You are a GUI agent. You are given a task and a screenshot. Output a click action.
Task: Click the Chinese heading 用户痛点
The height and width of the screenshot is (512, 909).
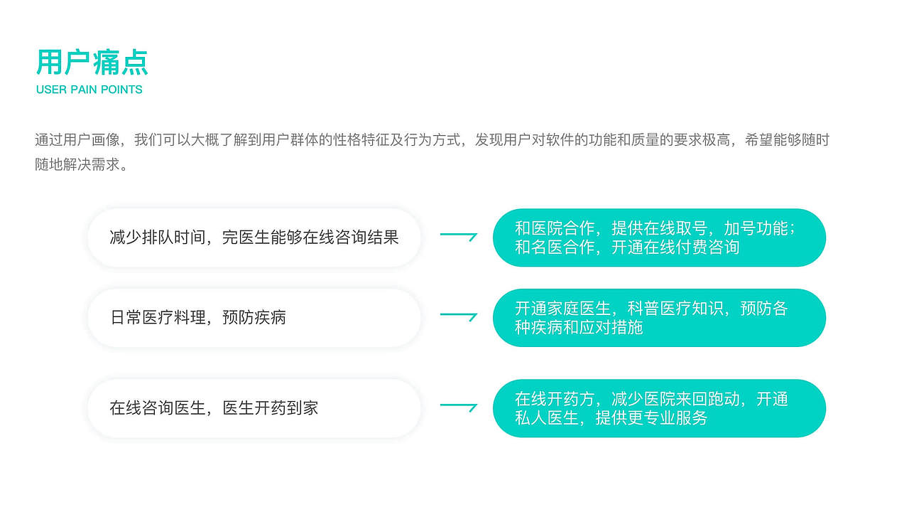tap(92, 63)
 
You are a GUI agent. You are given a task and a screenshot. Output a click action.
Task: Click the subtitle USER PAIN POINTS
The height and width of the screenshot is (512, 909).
tap(89, 90)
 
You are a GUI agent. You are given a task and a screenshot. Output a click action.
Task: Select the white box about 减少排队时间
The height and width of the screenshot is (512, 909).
tap(254, 238)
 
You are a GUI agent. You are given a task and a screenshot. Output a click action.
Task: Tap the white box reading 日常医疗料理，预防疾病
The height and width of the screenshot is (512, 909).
tap(254, 318)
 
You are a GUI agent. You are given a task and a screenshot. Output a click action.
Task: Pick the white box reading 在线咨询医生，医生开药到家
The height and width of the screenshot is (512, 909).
tap(254, 408)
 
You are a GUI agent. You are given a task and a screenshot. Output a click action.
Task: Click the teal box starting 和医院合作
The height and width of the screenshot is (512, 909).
tap(659, 238)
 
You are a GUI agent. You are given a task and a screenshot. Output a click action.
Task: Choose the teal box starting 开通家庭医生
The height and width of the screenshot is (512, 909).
tap(659, 318)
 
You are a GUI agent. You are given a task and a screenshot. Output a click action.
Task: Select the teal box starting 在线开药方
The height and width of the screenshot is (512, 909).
tap(659, 408)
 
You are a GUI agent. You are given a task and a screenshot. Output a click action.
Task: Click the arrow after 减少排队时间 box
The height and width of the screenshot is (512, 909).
tap(458, 235)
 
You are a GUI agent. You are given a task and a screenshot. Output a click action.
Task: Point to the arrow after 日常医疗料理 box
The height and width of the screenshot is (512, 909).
tap(458, 315)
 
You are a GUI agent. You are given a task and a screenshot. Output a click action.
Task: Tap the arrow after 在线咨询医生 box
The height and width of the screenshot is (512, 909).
tap(458, 407)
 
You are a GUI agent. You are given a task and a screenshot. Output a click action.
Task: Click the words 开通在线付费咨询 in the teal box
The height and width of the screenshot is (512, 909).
tap(675, 247)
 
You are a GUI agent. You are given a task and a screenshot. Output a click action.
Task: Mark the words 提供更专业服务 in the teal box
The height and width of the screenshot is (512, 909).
tap(651, 418)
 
